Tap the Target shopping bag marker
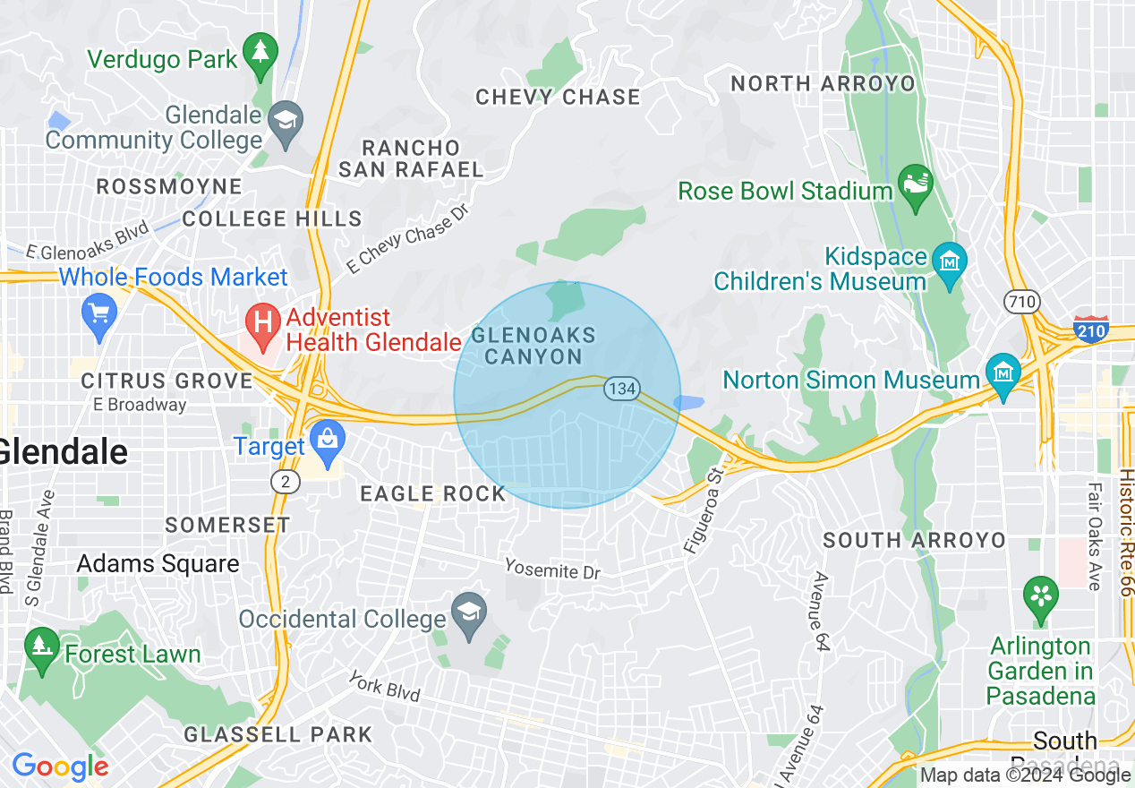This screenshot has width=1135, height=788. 328,441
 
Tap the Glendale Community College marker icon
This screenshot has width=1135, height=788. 288,119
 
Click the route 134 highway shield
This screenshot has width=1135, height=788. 620,389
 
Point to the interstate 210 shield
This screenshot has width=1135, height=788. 1090,330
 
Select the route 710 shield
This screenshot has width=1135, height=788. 1021,301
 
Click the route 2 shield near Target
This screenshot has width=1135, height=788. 285,482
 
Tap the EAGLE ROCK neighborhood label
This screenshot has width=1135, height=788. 432,493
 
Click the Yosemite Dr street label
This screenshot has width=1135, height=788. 551,569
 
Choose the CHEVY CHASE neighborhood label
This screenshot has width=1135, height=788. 558,97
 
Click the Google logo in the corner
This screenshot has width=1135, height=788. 60,767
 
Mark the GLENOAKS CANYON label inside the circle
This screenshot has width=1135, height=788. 533,346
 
